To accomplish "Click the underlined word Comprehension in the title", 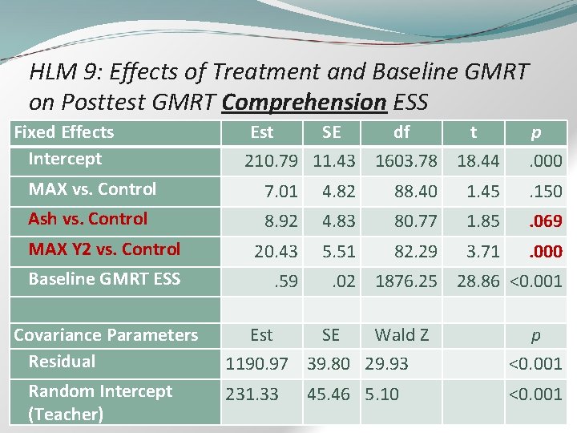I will [305, 103].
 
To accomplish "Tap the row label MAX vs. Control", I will [92, 189].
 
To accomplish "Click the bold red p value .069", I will [545, 221].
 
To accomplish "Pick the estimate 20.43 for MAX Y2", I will [276, 252].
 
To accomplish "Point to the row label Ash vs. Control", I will [88, 219].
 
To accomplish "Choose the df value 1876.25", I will [406, 281].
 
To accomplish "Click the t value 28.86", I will [478, 281].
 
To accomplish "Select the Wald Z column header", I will [401, 334].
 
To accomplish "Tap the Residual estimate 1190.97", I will [256, 364].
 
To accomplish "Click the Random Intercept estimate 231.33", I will [252, 395].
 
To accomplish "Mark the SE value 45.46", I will [329, 395].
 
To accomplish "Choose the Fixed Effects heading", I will [64, 132].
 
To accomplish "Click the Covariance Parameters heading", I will [106, 334].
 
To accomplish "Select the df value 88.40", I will [415, 192].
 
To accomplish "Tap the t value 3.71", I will [483, 252].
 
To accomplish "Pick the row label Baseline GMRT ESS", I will [104, 279].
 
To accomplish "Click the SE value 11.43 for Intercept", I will [334, 161].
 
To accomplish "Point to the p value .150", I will [545, 192].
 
